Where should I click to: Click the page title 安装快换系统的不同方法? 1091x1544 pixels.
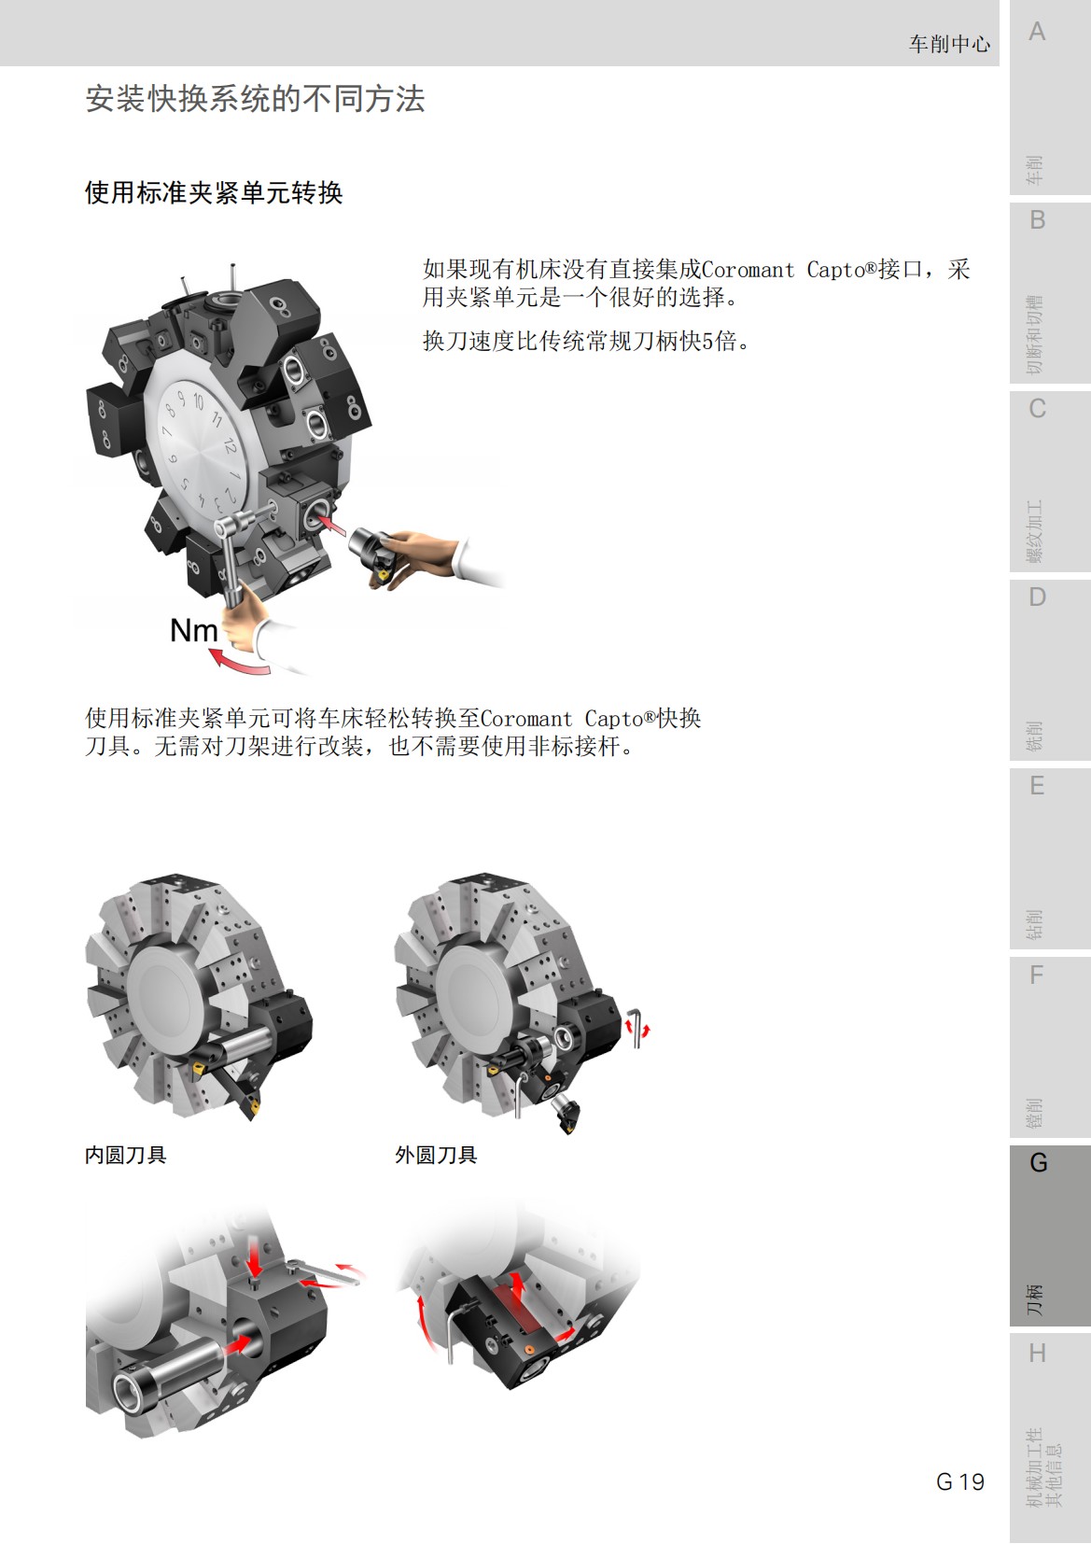pyautogui.click(x=255, y=99)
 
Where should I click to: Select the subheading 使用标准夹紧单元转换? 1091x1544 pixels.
pyautogui.click(x=214, y=193)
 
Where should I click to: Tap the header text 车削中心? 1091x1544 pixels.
pyautogui.click(x=948, y=44)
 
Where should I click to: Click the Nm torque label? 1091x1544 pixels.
pyautogui.click(x=193, y=631)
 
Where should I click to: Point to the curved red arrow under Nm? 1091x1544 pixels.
pyautogui.click(x=237, y=662)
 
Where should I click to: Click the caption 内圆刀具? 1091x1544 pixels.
pyautogui.click(x=125, y=1155)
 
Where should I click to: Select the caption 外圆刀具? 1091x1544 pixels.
pyautogui.click(x=436, y=1155)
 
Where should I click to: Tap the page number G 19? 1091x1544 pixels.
pyautogui.click(x=959, y=1481)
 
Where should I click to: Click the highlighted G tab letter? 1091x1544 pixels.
pyautogui.click(x=1038, y=1163)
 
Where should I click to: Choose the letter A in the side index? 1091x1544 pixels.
pyautogui.click(x=1037, y=32)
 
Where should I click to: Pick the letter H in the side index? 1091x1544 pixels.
pyautogui.click(x=1037, y=1353)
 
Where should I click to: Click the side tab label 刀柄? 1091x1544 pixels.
pyautogui.click(x=1034, y=1298)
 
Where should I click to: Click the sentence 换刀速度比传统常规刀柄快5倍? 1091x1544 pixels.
pyautogui.click(x=586, y=342)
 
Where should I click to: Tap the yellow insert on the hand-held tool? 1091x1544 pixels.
pyautogui.click(x=380, y=577)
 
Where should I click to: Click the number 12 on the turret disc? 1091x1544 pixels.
pyautogui.click(x=229, y=445)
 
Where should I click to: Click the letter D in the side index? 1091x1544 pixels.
pyautogui.click(x=1037, y=597)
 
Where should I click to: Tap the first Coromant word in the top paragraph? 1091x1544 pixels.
pyautogui.click(x=748, y=271)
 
